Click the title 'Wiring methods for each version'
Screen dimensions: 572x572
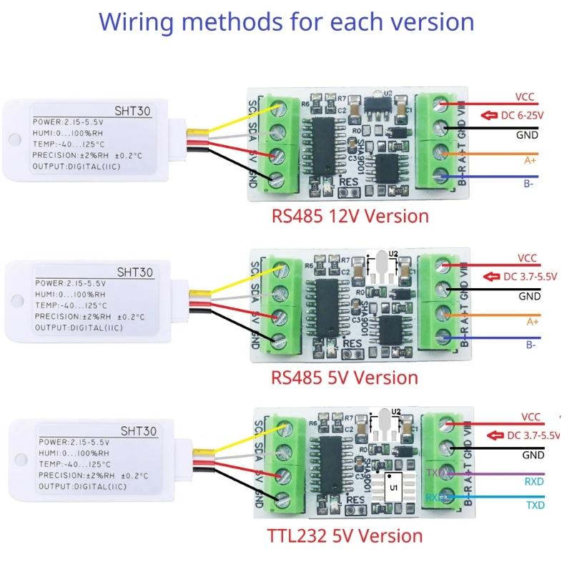[x=286, y=21]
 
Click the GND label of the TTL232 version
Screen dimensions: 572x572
[x=533, y=454]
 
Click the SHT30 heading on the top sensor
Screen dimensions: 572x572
[x=130, y=111]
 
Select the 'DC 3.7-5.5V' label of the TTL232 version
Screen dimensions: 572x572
[x=533, y=435]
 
